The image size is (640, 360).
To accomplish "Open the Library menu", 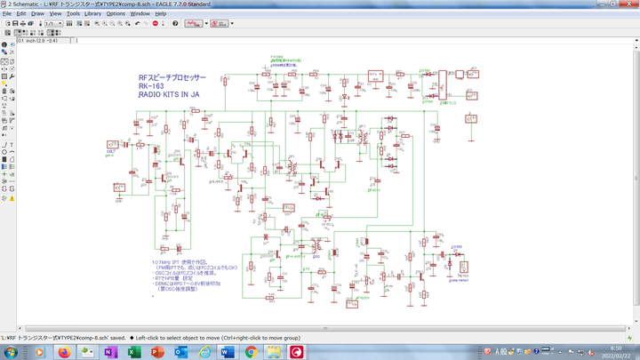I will pyautogui.click(x=92, y=14).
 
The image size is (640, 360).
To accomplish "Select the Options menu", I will pyautogui.click(x=116, y=14).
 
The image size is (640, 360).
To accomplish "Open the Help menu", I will pyautogui.click(x=161, y=14).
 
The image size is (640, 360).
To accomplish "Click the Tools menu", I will pyautogui.click(x=73, y=14).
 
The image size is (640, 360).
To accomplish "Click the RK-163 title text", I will pyautogui.click(x=151, y=86).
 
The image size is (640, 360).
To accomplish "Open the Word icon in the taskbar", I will pyautogui.click(x=226, y=352).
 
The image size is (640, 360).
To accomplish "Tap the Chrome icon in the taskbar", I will pyautogui.click(x=250, y=352).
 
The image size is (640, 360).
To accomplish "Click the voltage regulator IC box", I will pyautogui.click(x=375, y=75).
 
